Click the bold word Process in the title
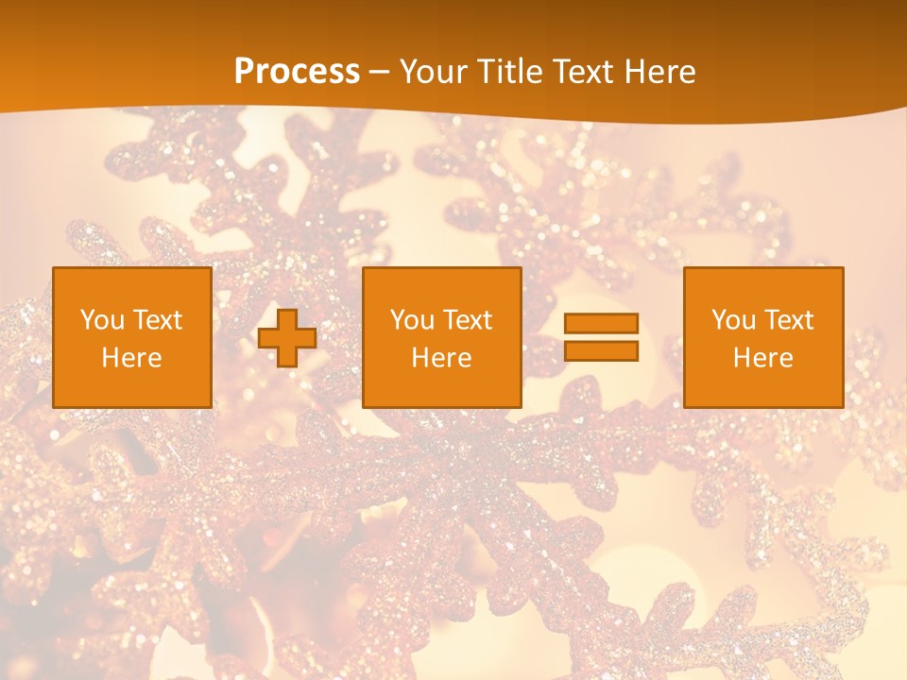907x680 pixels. (x=297, y=72)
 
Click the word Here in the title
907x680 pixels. (x=661, y=72)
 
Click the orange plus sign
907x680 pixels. (x=287, y=338)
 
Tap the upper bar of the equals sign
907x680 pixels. (x=601, y=323)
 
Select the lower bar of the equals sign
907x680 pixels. (x=601, y=351)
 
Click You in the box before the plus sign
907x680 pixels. (x=102, y=320)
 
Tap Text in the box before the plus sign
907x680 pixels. (x=156, y=320)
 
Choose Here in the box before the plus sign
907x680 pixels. (x=131, y=358)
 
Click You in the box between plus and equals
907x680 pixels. (x=412, y=320)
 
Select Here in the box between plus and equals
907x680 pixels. (x=441, y=358)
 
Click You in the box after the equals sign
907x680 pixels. (x=733, y=320)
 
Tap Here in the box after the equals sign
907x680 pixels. (x=762, y=358)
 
